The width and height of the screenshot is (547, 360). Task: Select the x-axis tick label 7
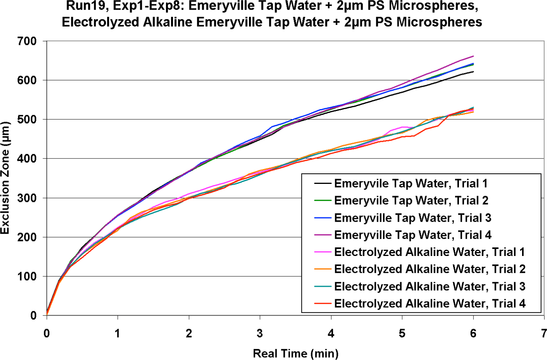click(544, 334)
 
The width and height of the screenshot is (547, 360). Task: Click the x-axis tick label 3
click(260, 334)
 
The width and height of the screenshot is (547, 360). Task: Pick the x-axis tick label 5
click(402, 334)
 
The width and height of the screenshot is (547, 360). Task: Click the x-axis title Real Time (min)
click(295, 353)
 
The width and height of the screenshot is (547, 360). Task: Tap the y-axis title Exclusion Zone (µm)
click(5, 178)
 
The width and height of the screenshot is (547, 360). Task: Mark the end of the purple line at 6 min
click(473, 56)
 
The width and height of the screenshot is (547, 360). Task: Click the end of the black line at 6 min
click(473, 72)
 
